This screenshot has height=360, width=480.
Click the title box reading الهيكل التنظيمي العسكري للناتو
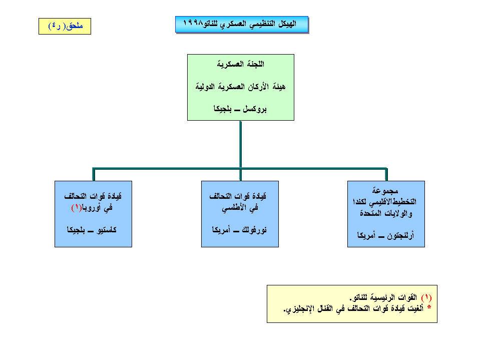pyautogui.click(x=241, y=24)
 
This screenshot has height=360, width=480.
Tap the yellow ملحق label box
pyautogui.click(x=65, y=27)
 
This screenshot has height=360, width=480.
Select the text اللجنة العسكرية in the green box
pyautogui.click(x=241, y=64)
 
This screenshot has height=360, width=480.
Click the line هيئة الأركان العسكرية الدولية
pyautogui.click(x=241, y=87)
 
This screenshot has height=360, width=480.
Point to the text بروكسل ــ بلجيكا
pyautogui.click(x=241, y=109)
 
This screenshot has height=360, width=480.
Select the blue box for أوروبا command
pyautogui.click(x=93, y=214)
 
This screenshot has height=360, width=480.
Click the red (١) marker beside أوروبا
pyautogui.click(x=76, y=207)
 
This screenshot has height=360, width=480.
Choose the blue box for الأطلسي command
pyautogui.click(x=240, y=214)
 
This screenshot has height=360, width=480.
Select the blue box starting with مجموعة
pyautogui.click(x=386, y=214)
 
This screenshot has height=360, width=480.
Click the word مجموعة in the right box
pyautogui.click(x=386, y=191)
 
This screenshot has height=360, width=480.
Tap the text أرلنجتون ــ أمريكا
pyautogui.click(x=386, y=234)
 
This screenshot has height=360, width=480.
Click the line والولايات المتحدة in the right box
pyautogui.click(x=386, y=214)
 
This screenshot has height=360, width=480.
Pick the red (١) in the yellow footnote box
pyautogui.click(x=426, y=298)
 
